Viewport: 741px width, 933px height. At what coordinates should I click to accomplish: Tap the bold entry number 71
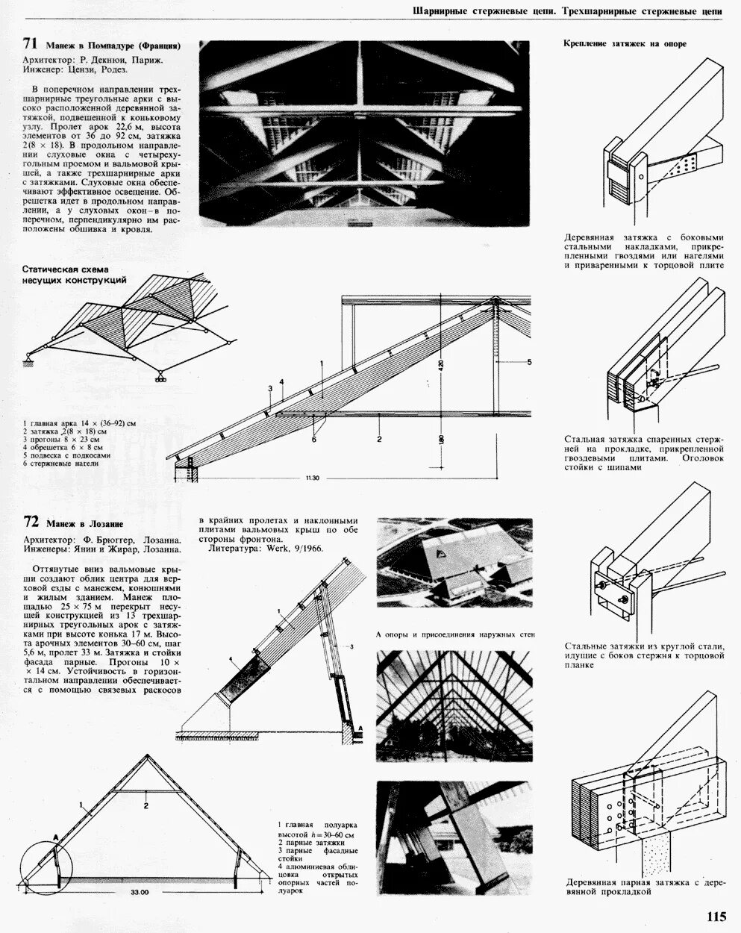pos(31,44)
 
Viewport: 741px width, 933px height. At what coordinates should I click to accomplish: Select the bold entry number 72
pos(31,522)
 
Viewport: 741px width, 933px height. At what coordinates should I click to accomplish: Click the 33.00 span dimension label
pos(140,892)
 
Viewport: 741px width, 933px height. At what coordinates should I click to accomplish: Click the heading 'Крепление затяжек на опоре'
pos(624,43)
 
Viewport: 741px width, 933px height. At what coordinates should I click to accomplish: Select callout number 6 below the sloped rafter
pos(314,440)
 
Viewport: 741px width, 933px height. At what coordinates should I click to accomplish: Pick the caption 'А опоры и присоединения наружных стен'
pos(455,634)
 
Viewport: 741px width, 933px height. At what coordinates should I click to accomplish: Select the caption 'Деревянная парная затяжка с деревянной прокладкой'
pos(645,887)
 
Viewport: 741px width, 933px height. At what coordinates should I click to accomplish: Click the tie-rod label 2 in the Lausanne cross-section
pos(146,805)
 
